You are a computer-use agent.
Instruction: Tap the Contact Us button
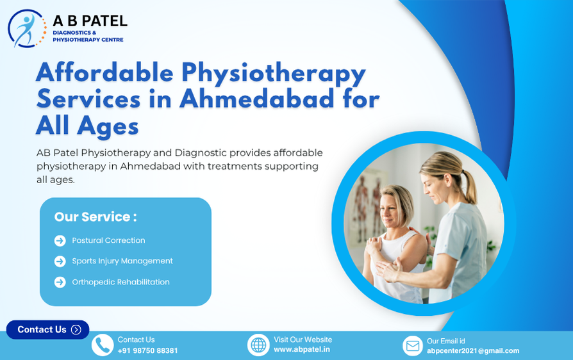pyautogui.click(x=48, y=329)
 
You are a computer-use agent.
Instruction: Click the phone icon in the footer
pyautogui.click(x=103, y=345)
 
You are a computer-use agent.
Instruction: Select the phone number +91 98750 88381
pyautogui.click(x=147, y=351)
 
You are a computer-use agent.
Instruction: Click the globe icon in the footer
pyautogui.click(x=258, y=345)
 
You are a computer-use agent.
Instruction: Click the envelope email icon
pyautogui.click(x=413, y=346)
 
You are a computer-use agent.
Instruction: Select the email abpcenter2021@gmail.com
pyautogui.click(x=473, y=351)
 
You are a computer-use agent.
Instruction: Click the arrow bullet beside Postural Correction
pyautogui.click(x=60, y=241)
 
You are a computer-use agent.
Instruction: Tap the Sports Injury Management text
pyautogui.click(x=122, y=261)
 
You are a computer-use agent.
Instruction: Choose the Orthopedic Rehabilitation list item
pyautogui.click(x=120, y=282)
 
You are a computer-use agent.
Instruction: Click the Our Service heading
pyautogui.click(x=95, y=217)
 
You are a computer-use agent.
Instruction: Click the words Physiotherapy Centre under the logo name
pyautogui.click(x=87, y=40)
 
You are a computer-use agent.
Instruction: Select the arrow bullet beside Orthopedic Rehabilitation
pyautogui.click(x=60, y=282)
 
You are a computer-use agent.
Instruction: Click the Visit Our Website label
pyautogui.click(x=303, y=340)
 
